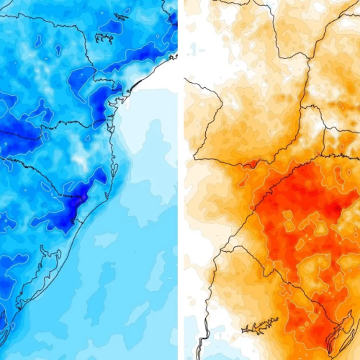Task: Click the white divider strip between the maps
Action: [x=180, y=180]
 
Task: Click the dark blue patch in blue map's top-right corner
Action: [x=171, y=18]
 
